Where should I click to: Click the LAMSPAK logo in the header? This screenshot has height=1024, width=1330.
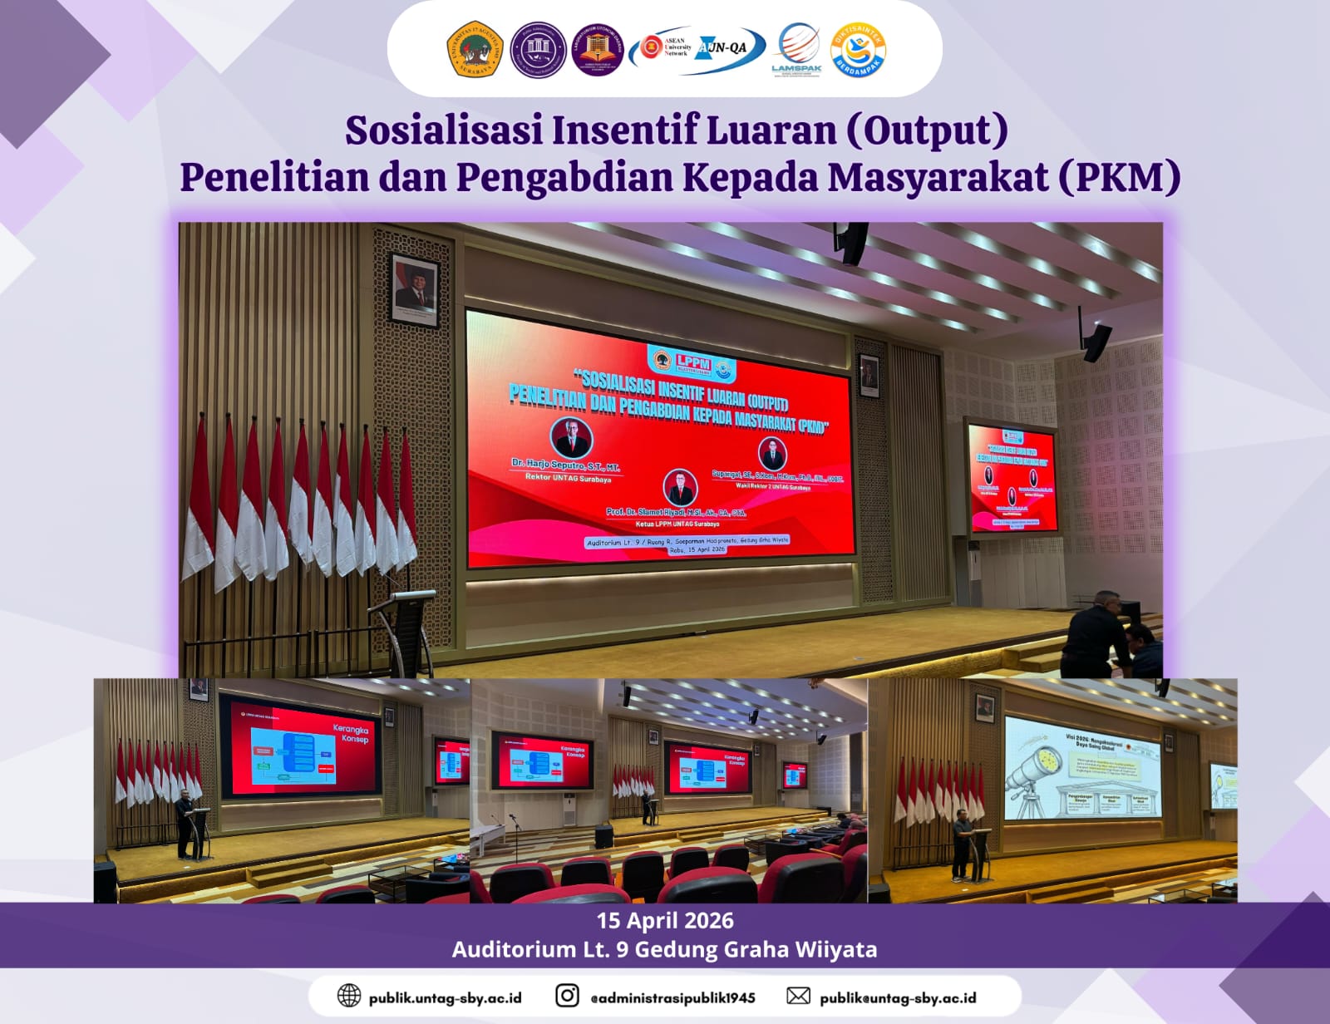click(x=797, y=49)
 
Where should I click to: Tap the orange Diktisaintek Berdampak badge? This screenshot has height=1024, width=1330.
click(x=858, y=50)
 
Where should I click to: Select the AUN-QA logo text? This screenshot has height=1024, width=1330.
click(x=722, y=47)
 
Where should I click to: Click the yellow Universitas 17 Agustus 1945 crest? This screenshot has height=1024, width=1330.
click(x=475, y=50)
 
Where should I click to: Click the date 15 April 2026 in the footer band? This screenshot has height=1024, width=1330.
click(x=665, y=920)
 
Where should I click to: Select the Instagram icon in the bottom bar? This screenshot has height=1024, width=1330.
click(x=567, y=996)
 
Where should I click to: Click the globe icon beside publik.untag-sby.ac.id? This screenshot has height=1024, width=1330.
click(x=349, y=996)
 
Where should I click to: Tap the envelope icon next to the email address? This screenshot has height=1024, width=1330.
click(x=798, y=996)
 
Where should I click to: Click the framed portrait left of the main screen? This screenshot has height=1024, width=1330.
click(x=415, y=290)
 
